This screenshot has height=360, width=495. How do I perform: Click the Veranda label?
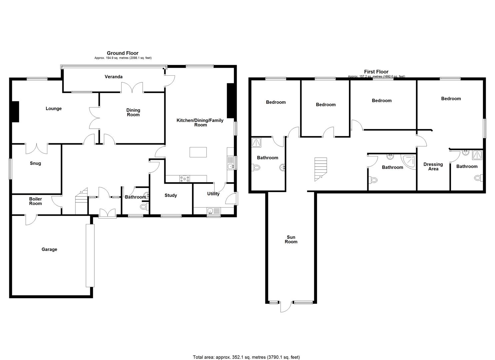point(114,77)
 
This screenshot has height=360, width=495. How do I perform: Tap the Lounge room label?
point(54,109)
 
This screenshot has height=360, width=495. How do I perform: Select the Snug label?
point(36,163)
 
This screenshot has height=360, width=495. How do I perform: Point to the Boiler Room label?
point(35,201)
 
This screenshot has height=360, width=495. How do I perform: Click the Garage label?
point(49,249)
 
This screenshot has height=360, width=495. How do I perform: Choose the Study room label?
point(171,195)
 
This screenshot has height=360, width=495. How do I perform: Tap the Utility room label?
point(213,194)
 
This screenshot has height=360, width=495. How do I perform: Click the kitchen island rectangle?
point(198,152)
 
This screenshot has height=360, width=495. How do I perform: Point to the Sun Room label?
point(291,239)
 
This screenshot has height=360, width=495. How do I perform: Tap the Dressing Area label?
point(433,166)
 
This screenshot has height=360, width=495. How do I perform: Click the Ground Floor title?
point(122,53)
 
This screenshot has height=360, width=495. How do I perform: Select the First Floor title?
point(376,72)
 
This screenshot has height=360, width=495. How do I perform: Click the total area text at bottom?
point(246,357)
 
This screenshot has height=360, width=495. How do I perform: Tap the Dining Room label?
point(133,112)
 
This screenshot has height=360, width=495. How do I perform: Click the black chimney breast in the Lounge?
point(15,112)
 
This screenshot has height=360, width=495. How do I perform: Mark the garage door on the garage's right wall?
point(90,255)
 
